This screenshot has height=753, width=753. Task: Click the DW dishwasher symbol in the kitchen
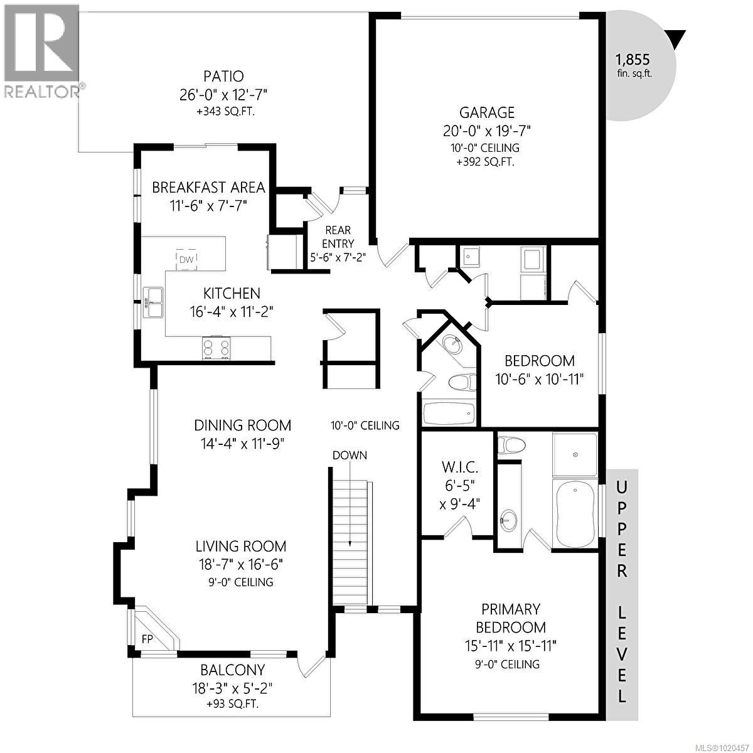(x=186, y=259)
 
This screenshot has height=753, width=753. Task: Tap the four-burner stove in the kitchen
(x=216, y=348)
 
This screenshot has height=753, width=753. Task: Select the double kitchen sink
(x=153, y=302)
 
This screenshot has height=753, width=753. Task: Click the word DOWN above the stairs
(x=350, y=455)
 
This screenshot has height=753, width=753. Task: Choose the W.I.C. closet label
(x=460, y=467)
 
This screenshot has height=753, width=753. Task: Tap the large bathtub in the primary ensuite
(x=574, y=515)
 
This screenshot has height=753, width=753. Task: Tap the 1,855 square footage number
(x=632, y=60)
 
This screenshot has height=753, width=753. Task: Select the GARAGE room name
(x=487, y=112)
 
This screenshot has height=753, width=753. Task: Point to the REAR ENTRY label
(x=338, y=237)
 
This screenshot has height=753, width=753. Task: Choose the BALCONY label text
(x=232, y=670)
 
